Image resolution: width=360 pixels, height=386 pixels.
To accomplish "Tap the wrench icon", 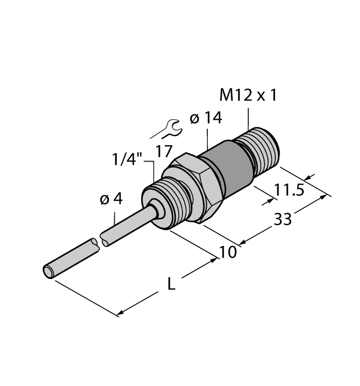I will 166,128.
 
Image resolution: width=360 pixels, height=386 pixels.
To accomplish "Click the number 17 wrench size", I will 165,151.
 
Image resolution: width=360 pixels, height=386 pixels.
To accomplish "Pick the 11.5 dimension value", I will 289,191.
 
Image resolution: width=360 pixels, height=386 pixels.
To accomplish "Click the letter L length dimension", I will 171,285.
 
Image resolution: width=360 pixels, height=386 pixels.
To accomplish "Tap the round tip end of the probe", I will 49,271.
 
